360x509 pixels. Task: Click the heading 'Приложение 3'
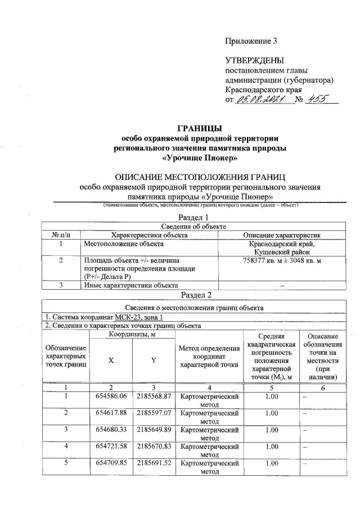(x=251, y=41)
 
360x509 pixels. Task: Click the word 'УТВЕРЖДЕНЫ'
(x=254, y=60)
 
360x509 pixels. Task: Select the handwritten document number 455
(x=323, y=99)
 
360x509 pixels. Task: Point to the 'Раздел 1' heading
(x=193, y=217)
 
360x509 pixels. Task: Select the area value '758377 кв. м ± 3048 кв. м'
(x=281, y=261)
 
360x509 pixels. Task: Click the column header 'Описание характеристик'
(x=281, y=235)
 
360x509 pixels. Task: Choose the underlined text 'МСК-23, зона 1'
(x=130, y=318)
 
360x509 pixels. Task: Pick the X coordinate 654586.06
(x=111, y=397)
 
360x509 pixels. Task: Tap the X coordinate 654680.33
(x=111, y=430)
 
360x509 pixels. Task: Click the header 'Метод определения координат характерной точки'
(x=209, y=356)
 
